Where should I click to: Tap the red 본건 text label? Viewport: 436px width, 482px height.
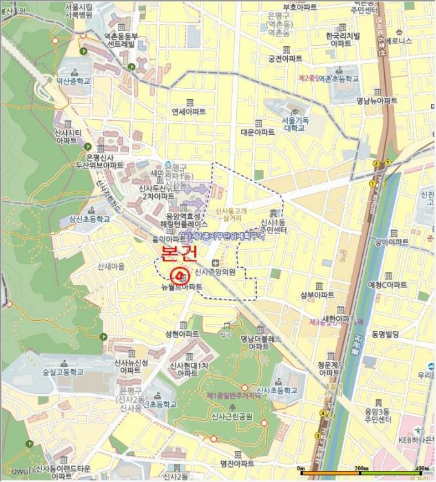coord(179,253)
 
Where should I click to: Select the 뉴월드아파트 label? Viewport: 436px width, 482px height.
coord(182,286)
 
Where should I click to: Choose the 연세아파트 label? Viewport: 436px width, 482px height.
coord(189,112)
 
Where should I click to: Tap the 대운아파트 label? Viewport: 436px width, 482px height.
coord(258,132)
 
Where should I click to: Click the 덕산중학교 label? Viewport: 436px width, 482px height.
coord(73,81)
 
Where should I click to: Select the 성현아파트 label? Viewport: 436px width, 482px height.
coord(183,334)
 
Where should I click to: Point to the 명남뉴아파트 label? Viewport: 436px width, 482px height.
coord(377,101)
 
